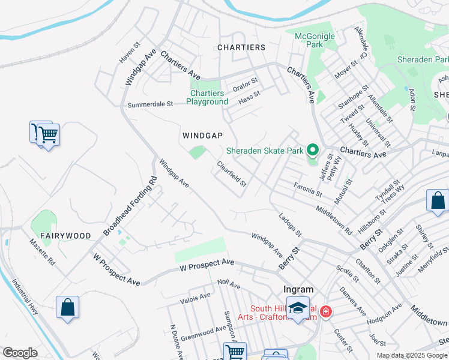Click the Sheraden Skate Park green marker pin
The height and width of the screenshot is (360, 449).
pyautogui.click(x=312, y=149)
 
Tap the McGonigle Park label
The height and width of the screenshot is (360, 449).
pyautogui.click(x=315, y=40)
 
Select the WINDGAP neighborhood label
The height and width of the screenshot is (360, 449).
pyautogui.click(x=203, y=136)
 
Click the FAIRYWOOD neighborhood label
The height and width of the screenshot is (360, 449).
pyautogui.click(x=65, y=236)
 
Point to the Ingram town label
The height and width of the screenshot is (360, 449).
pyautogui.click(x=298, y=289)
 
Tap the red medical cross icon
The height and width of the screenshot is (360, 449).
pyautogui.click(x=325, y=311)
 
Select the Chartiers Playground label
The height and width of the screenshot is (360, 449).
pyautogui.click(x=207, y=97)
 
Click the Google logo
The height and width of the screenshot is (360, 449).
pyautogui.click(x=20, y=352)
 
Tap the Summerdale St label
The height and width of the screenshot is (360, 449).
pyautogui.click(x=150, y=104)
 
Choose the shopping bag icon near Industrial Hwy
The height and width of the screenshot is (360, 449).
pyautogui.click(x=68, y=307)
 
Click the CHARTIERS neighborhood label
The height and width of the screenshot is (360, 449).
pyautogui.click(x=241, y=47)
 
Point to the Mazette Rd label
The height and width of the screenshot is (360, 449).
pyautogui.click(x=42, y=253)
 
